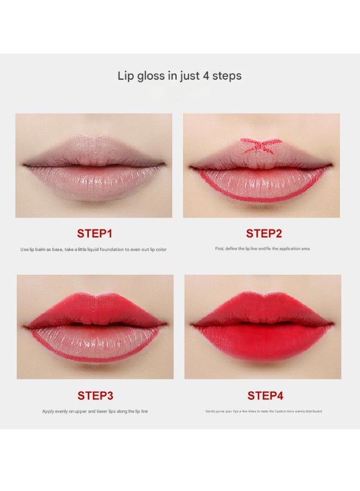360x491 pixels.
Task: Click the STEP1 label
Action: [94, 233]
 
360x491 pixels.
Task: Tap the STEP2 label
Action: [264, 233]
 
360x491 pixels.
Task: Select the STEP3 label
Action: [95, 396]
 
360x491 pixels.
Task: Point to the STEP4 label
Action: [266, 396]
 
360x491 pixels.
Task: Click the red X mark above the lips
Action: [261, 145]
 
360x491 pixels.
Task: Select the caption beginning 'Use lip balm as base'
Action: [93, 249]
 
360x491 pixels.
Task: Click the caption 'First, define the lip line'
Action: [262, 249]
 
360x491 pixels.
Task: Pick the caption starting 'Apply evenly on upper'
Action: [95, 411]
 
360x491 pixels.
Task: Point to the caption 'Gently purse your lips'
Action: [263, 411]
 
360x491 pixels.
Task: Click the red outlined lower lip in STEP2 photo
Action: [262, 183]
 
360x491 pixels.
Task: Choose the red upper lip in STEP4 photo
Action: [263, 310]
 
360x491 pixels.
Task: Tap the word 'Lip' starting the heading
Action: [125, 76]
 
